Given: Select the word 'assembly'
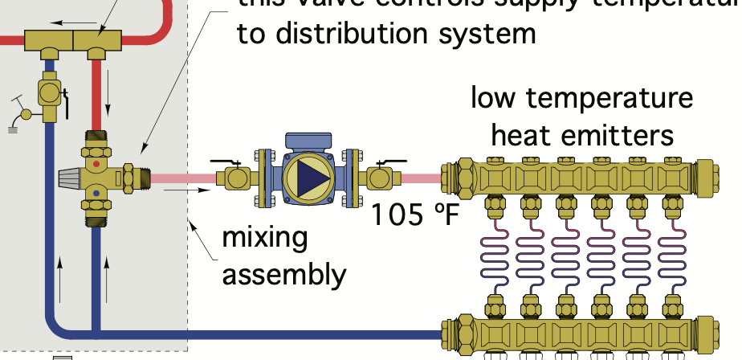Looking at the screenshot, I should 283,276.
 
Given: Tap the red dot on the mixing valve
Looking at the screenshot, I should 97,163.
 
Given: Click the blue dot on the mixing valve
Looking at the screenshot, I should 96,193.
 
